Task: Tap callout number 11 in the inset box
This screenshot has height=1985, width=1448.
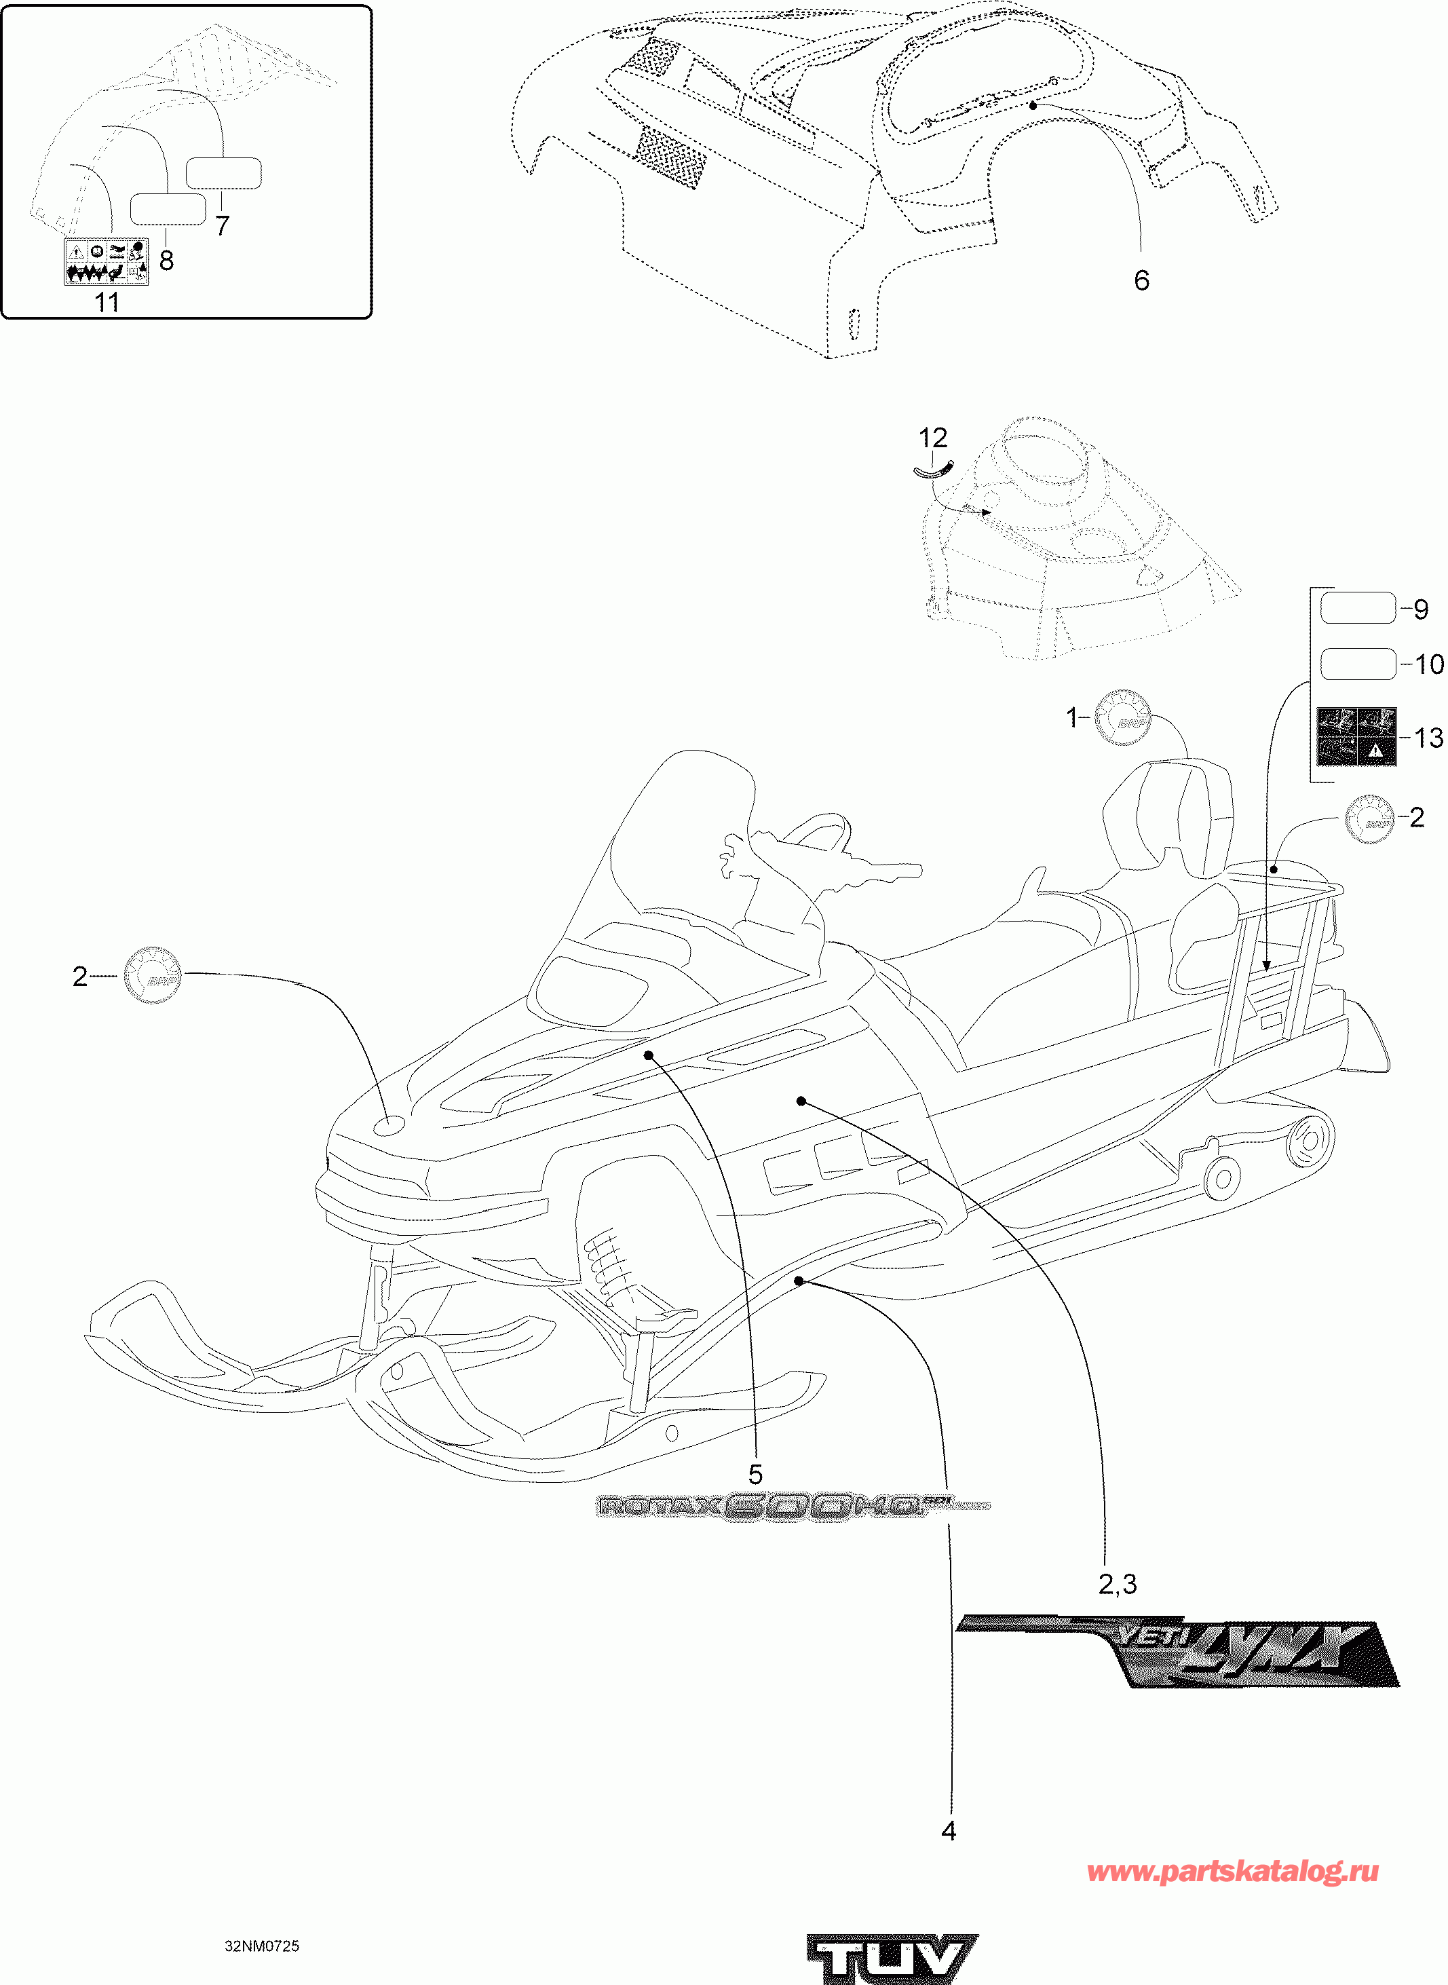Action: click(x=106, y=303)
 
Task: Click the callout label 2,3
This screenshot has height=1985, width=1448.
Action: click(x=1118, y=1584)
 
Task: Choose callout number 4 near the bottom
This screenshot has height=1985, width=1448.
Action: click(x=949, y=1831)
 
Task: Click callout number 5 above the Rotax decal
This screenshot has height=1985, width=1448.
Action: click(x=755, y=1474)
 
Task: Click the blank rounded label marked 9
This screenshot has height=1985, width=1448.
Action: click(x=1357, y=608)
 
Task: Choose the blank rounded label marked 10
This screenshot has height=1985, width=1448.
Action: click(x=1357, y=664)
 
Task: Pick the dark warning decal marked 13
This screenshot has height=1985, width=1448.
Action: click(x=1356, y=737)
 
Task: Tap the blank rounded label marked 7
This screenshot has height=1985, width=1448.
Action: click(x=223, y=174)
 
